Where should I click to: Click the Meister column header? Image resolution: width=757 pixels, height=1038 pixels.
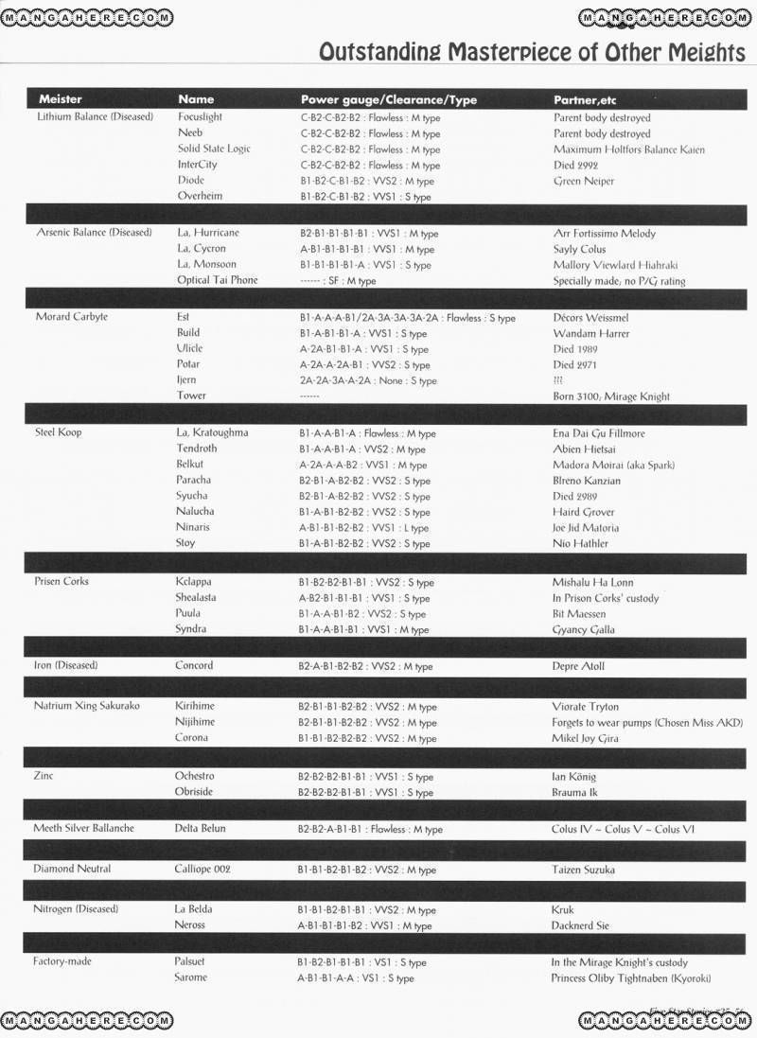60,99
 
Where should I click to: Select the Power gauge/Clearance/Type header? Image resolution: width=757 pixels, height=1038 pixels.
389,99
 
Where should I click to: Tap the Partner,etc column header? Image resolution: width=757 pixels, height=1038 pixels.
585,99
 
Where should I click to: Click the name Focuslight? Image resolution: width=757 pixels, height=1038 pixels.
200,117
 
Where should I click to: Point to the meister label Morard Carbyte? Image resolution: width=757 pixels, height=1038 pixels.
71,316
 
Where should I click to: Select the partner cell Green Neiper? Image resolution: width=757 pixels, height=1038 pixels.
584,181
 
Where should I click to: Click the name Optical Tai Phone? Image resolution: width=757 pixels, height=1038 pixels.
217,280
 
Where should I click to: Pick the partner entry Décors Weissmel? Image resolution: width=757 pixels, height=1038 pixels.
590,318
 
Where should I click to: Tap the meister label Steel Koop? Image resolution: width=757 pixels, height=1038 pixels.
59,432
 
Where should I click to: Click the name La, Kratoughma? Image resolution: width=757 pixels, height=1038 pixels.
212,432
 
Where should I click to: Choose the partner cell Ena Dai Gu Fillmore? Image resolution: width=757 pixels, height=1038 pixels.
600,434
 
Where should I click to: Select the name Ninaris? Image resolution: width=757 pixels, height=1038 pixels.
193,527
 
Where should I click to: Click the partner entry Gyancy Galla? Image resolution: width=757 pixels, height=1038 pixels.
583,630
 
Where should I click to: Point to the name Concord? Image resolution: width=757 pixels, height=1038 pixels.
194,665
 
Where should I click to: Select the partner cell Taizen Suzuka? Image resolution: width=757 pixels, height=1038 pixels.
583,870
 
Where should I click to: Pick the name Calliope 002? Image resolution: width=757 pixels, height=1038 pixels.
202,869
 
